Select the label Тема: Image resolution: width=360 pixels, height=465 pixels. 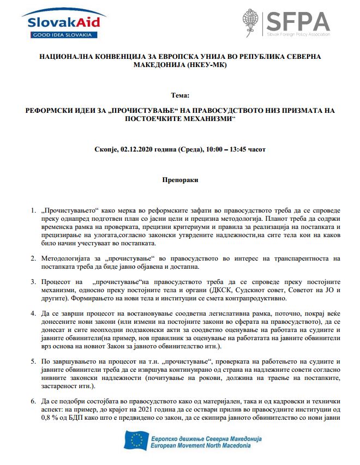[x=179, y=95]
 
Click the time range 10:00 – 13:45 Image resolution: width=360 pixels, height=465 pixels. [x=220, y=149]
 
